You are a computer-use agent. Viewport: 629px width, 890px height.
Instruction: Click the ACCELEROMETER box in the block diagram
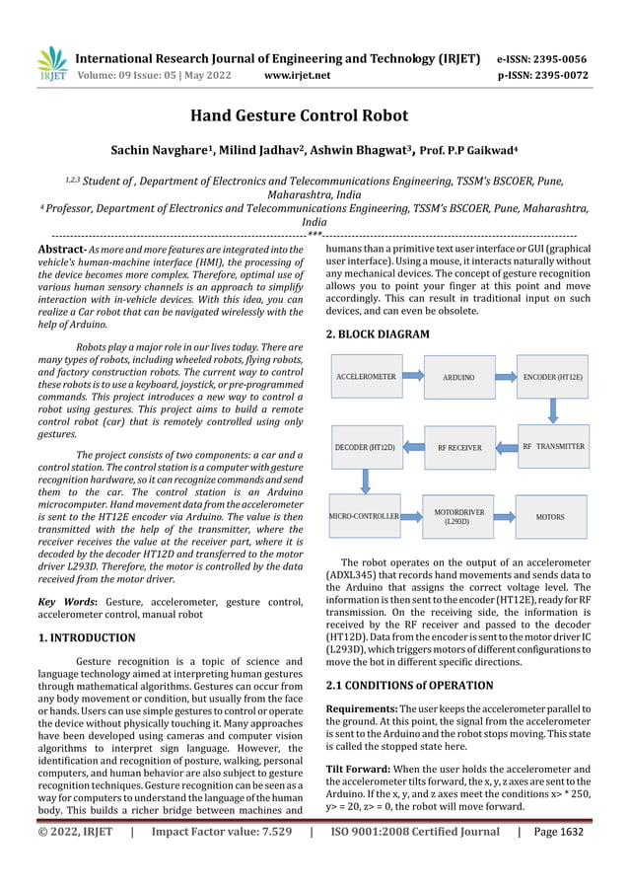366,377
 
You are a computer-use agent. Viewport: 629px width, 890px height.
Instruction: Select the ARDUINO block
457,377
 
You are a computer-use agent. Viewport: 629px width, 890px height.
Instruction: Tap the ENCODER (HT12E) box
552,377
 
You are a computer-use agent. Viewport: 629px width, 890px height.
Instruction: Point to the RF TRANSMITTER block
552,447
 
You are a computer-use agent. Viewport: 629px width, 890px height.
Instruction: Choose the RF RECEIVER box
458,447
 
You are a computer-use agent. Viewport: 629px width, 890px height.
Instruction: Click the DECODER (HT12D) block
365,447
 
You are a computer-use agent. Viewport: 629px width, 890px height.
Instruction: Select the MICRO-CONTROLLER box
364,516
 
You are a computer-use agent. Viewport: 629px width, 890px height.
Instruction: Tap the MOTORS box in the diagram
550,516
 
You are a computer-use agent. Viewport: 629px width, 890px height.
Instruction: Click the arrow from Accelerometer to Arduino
412,377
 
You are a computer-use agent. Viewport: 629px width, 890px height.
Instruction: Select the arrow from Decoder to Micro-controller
366,481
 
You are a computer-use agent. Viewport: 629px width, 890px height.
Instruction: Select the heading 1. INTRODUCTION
86,637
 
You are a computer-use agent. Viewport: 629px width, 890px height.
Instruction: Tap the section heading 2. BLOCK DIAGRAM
378,334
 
